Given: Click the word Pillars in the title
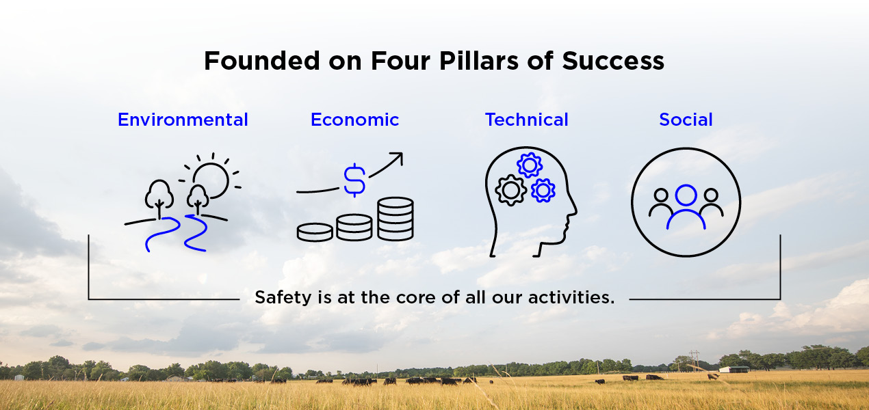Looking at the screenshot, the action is coord(479,61).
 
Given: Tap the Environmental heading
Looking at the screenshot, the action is coord(183,120).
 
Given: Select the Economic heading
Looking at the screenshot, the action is coord(354,120).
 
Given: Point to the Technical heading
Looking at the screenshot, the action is coord(526,120).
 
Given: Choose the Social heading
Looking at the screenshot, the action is coord(686,120).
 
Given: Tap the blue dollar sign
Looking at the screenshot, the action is coord(354,180).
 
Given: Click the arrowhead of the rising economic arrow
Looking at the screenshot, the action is coord(398,158).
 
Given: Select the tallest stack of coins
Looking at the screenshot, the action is coord(395,219).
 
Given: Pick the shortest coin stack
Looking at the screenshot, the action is coord(315,232).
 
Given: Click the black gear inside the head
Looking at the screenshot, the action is coord(510,190).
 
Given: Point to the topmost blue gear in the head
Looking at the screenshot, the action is coord(529,165).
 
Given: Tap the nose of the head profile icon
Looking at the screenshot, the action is coord(574,210).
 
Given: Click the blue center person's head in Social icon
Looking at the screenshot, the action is coord(686,195).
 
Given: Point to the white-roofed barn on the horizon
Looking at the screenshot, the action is coord(734,369).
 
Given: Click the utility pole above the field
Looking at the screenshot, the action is coord(694,360).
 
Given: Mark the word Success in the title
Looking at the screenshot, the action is coord(613,61).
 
